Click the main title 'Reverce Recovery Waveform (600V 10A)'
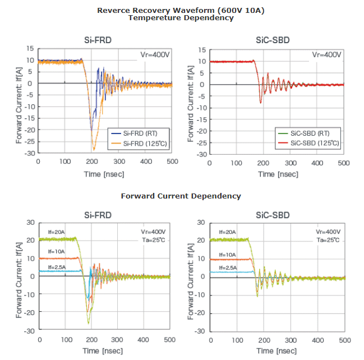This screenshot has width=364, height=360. (x=181, y=10)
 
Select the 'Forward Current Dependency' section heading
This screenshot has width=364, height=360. (x=181, y=196)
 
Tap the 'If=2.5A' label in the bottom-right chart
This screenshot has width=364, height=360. (x=227, y=267)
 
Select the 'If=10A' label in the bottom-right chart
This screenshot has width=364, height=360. (x=227, y=254)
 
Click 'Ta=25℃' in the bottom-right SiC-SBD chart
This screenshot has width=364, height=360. (x=329, y=240)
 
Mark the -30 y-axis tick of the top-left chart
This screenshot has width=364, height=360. (x=29, y=153)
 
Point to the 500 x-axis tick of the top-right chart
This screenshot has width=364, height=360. (x=344, y=163)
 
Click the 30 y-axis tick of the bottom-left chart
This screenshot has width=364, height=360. (x=31, y=222)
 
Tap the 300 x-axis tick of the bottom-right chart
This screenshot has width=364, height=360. (x=291, y=340)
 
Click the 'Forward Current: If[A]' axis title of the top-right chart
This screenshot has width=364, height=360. (x=192, y=101)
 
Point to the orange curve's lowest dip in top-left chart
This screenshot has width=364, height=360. (x=94, y=150)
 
